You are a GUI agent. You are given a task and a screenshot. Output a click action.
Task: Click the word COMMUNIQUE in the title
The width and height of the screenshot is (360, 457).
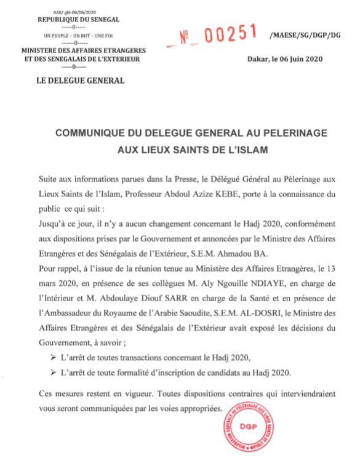(95, 134)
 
